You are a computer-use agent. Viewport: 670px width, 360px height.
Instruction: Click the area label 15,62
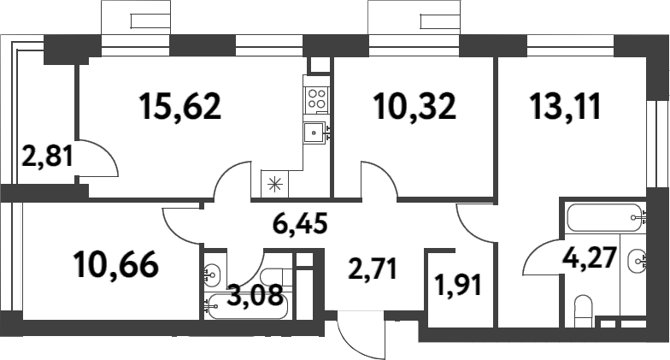(179, 106)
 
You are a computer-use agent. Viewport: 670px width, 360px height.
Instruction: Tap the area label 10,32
(415, 106)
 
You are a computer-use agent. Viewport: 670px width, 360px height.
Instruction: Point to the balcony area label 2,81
(47, 156)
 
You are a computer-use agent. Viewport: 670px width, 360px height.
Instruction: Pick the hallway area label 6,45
(300, 226)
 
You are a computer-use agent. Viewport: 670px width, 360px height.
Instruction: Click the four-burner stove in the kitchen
(317, 97)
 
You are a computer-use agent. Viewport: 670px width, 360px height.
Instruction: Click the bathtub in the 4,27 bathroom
(602, 217)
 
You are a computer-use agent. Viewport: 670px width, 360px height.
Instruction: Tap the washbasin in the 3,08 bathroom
(214, 275)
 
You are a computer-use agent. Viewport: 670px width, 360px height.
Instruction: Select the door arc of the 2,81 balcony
(98, 158)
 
